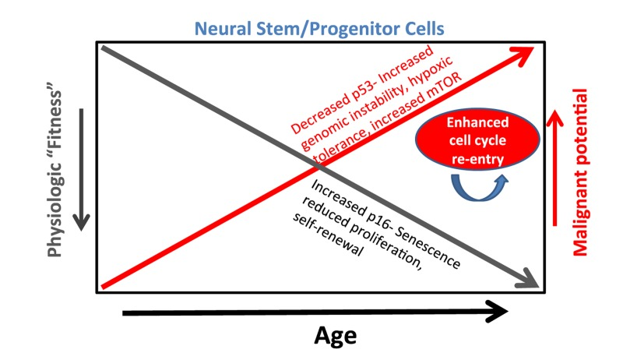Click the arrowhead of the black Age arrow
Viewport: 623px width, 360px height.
(499, 312)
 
